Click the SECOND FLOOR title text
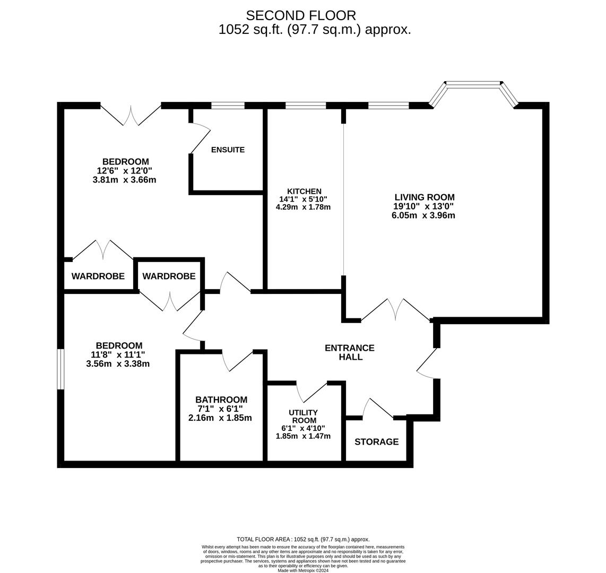(x=300, y=16)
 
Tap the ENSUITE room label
(x=228, y=150)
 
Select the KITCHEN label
(x=304, y=192)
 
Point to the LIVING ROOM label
(x=424, y=197)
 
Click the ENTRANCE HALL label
(x=350, y=352)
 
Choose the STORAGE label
(x=376, y=442)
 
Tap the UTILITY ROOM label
(x=303, y=416)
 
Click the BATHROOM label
(x=221, y=400)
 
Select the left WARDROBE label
(x=98, y=276)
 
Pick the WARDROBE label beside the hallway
(x=169, y=276)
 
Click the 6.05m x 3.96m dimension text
(x=423, y=215)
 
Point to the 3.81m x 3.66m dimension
(x=124, y=180)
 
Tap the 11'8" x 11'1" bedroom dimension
(x=118, y=355)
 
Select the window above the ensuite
(x=228, y=106)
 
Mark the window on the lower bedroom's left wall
(x=60, y=369)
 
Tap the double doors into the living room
(x=396, y=310)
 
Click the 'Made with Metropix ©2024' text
(x=303, y=571)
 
